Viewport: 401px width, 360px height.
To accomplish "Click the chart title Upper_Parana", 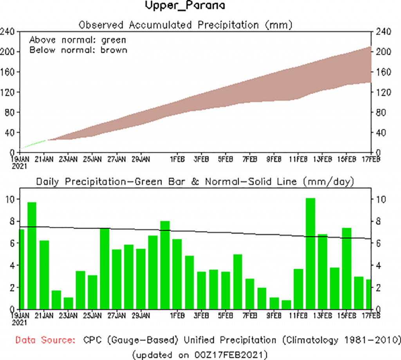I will (x=185, y=6).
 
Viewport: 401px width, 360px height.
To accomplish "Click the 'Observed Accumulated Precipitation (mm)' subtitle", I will (x=186, y=25).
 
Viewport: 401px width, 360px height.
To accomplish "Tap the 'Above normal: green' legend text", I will (x=78, y=40).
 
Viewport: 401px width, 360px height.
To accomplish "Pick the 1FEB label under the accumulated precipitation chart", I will (x=177, y=159).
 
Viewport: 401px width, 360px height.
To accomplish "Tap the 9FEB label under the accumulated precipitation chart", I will (x=274, y=159).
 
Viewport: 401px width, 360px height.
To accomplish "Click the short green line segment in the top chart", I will (x=33, y=144).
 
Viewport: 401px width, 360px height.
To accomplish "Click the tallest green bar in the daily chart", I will (x=310, y=254).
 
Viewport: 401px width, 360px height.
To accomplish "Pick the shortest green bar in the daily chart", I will (x=298, y=304).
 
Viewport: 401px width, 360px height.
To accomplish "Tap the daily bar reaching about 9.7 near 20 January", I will (x=32, y=255).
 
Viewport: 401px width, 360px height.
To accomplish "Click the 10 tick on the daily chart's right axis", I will (x=380, y=199).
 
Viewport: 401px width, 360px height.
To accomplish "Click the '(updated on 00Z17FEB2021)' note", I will (x=200, y=355).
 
